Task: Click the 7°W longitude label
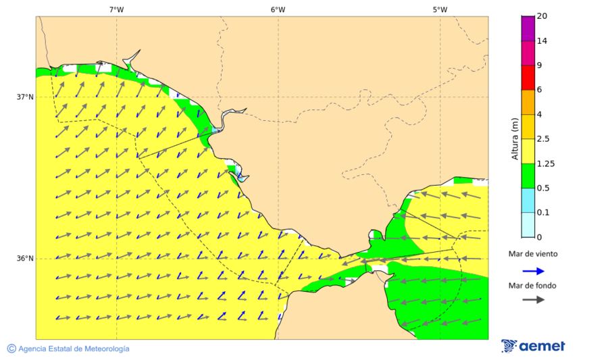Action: (x=116, y=9)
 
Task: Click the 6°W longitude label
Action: (x=278, y=9)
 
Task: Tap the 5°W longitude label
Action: (x=440, y=9)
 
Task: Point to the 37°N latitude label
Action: (x=25, y=97)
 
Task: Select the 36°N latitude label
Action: (x=25, y=259)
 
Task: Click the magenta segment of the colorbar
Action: (x=528, y=28)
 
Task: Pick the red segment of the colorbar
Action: (x=528, y=77)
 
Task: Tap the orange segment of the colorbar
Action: (x=528, y=102)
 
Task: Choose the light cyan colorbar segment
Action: (x=528, y=225)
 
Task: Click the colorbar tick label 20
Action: (x=542, y=16)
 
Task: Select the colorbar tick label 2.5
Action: (x=543, y=139)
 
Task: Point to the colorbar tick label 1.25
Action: (x=545, y=163)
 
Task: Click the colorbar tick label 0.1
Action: (x=543, y=213)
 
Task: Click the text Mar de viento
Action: (x=533, y=254)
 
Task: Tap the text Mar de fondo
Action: (x=533, y=286)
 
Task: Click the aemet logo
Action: (x=533, y=346)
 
